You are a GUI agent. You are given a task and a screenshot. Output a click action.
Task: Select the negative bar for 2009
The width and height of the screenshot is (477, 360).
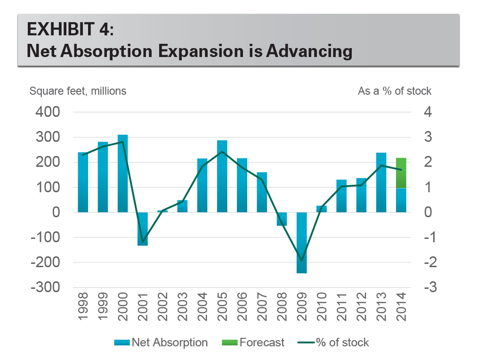[301, 243]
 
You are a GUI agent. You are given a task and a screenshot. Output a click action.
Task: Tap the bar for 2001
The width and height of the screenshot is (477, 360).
[143, 229]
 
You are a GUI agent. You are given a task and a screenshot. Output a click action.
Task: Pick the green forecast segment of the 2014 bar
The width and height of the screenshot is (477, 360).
[401, 173]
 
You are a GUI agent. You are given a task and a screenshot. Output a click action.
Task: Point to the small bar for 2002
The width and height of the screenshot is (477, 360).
[162, 211]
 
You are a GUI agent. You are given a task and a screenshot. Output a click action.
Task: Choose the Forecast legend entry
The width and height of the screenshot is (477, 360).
[254, 343]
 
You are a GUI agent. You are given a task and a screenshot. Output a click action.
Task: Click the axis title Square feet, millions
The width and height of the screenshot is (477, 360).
[78, 91]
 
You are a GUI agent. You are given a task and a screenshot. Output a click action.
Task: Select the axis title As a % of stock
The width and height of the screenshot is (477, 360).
[395, 91]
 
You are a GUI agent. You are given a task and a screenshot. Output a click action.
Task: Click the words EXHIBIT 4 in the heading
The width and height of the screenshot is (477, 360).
[70, 30]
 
